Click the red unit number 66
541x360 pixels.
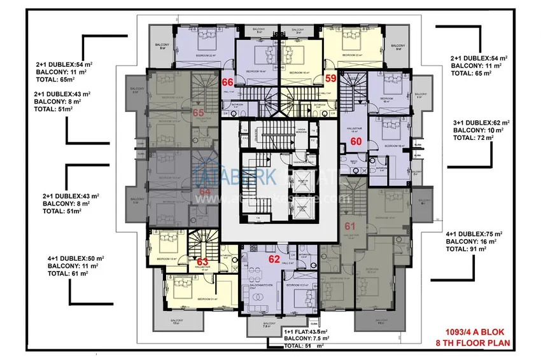click(227, 81)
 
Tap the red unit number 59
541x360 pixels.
click(330, 79)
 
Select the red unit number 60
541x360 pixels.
click(356, 142)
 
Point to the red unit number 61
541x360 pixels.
click(350, 225)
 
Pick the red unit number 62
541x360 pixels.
click(274, 259)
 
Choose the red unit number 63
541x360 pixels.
click(202, 261)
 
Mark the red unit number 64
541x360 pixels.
click(205, 190)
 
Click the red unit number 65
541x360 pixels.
click(198, 112)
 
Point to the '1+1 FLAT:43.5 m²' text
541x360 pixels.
click(306, 332)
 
